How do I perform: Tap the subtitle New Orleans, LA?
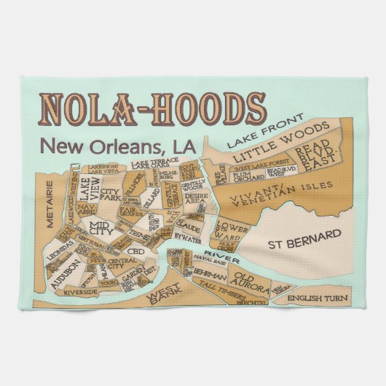click(119, 146)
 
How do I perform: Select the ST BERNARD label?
click(304, 237)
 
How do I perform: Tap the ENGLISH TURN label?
click(316, 299)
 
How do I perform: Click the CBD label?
click(136, 253)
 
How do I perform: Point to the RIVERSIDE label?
click(81, 291)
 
